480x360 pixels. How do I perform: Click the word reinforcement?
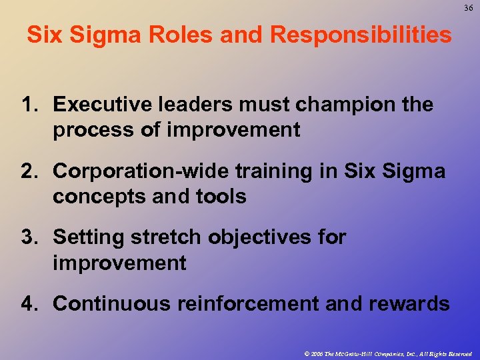click(x=247, y=304)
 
